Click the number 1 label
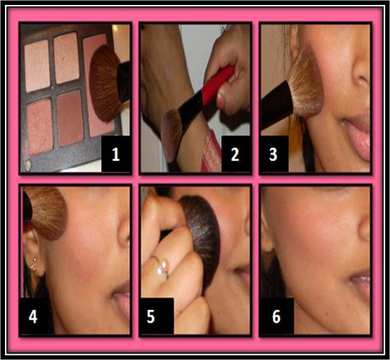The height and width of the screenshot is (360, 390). click(116, 154)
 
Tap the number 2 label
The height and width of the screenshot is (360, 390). click(235, 154)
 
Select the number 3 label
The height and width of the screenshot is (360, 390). click(273, 154)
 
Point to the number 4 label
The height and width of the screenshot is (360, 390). click(33, 316)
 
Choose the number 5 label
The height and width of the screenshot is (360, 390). click(151, 316)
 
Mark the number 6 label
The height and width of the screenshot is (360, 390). click(276, 316)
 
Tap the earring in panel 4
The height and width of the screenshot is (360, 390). click(35, 264)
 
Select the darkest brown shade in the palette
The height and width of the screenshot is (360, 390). click(71, 118)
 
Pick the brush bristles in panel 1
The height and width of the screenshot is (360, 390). click(105, 84)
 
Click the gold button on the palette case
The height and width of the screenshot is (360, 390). click(28, 164)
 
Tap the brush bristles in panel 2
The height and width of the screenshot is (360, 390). click(171, 133)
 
